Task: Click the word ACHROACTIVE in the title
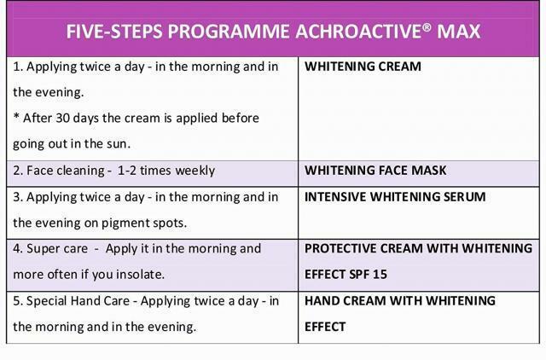tap(358, 32)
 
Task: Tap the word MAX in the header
tap(459, 32)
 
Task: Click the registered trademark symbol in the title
tap(427, 27)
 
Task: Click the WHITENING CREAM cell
tap(363, 67)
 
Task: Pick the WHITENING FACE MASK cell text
tap(375, 171)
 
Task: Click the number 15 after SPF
tap(380, 275)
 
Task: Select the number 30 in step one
tap(63, 118)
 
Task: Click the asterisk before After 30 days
tap(16, 116)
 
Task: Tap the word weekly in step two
tap(195, 171)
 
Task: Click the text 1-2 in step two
tap(127, 171)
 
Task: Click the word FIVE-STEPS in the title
tap(114, 32)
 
